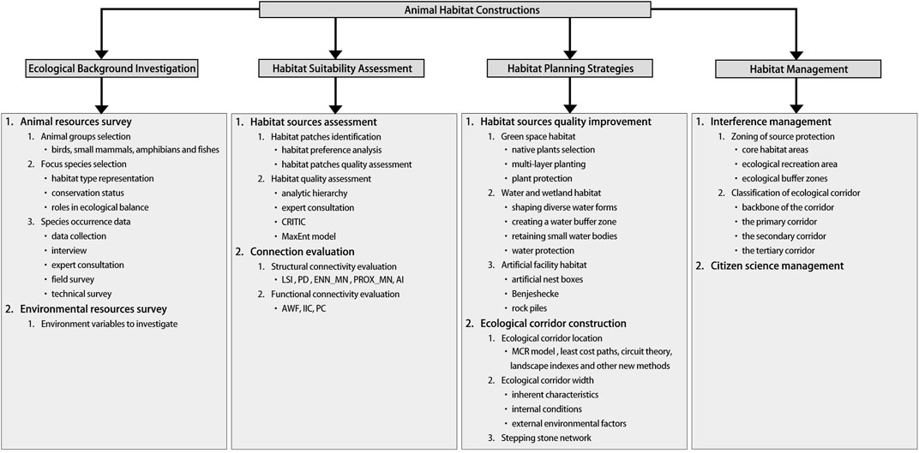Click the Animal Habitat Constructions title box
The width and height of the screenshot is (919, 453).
459,10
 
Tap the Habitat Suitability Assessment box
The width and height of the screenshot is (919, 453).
335,67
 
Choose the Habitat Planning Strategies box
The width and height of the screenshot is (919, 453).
568,67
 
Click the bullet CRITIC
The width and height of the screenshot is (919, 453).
289,222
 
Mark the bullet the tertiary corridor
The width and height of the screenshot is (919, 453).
766,251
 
